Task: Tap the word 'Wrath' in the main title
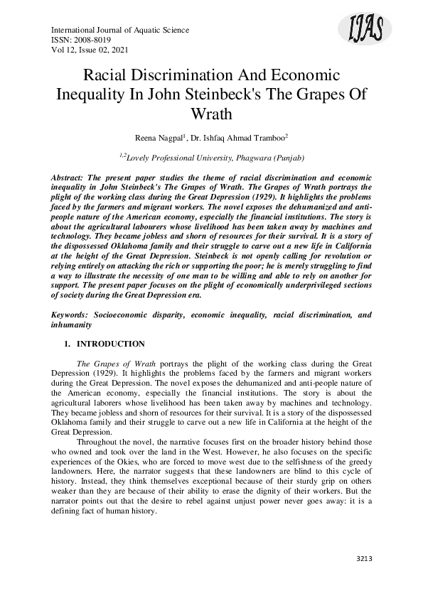211,114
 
